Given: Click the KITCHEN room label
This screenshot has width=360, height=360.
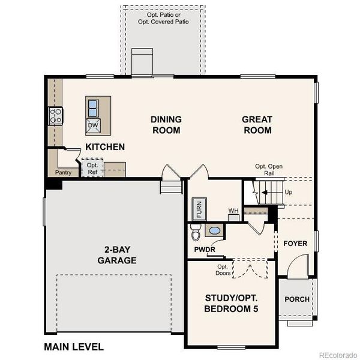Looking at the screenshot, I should pyautogui.click(x=105, y=147).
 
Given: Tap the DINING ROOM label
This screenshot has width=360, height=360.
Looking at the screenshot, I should pyautogui.click(x=166, y=125).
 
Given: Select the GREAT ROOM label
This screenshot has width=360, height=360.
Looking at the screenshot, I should pyautogui.click(x=257, y=125).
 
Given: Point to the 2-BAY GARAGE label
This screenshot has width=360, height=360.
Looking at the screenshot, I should pyautogui.click(x=117, y=255).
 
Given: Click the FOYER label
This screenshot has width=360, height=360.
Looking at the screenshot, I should pyautogui.click(x=295, y=244).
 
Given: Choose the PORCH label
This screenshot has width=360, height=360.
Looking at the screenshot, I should pyautogui.click(x=297, y=299).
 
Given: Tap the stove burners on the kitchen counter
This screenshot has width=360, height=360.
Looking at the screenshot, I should pyautogui.click(x=56, y=115).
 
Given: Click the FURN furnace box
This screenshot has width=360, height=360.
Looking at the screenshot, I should pyautogui.click(x=199, y=210).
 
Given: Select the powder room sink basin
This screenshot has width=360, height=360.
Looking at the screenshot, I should pyautogui.click(x=214, y=230).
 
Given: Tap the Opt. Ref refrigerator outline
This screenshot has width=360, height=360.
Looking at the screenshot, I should pyautogui.click(x=93, y=168).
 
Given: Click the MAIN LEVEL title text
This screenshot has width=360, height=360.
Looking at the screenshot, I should pyautogui.click(x=73, y=347).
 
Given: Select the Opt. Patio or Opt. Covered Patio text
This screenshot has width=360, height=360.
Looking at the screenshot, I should pyautogui.click(x=163, y=17).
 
